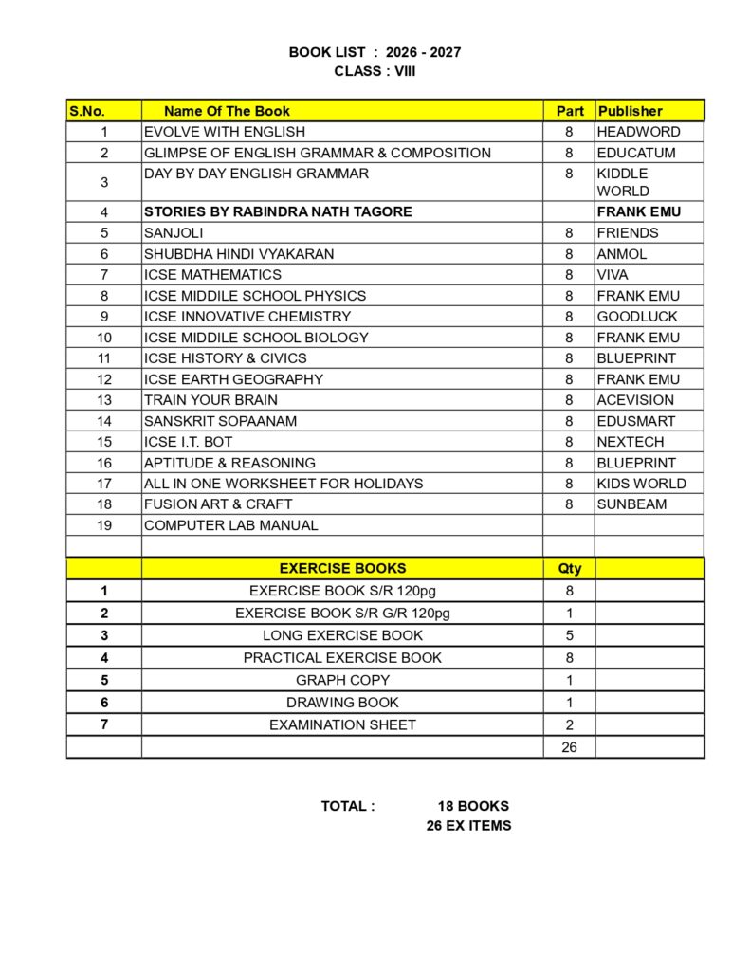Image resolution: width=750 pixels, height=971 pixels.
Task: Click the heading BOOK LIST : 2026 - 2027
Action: (375, 52)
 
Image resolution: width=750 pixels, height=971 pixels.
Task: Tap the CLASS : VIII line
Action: (375, 71)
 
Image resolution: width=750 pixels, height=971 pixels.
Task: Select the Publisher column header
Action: (630, 111)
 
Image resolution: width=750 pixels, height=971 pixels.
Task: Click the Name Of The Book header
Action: (227, 111)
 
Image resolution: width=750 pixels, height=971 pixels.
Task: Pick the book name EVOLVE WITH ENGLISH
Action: (225, 132)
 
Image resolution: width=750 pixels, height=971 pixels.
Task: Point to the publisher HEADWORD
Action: (638, 132)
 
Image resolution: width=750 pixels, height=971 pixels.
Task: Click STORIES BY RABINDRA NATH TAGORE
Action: (278, 211)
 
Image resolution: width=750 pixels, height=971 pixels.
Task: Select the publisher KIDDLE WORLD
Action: (624, 182)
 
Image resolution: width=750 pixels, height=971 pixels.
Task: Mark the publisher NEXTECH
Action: (631, 442)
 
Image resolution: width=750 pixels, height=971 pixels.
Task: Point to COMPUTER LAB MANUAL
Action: (230, 525)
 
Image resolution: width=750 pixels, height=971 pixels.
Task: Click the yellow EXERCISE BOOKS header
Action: (342, 569)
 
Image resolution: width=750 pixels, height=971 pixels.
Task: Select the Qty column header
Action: (569, 569)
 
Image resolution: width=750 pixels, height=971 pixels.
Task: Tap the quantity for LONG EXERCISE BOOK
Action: (569, 635)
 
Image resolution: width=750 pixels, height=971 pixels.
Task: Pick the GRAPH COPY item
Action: (342, 680)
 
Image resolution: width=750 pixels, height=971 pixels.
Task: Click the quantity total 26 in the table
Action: (569, 747)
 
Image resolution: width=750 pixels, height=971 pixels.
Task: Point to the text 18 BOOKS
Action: (473, 806)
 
